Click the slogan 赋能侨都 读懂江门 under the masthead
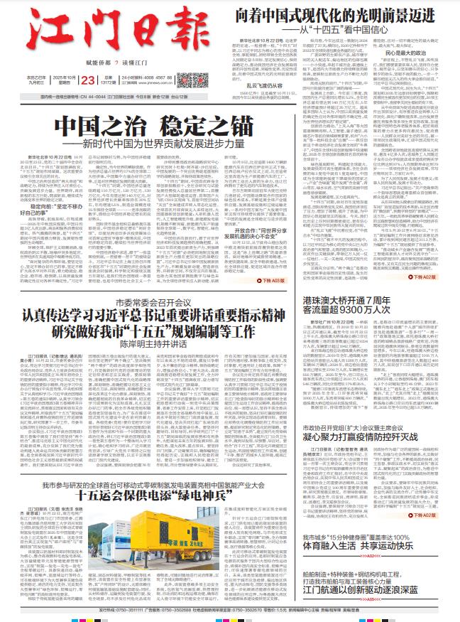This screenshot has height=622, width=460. point(98,63)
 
